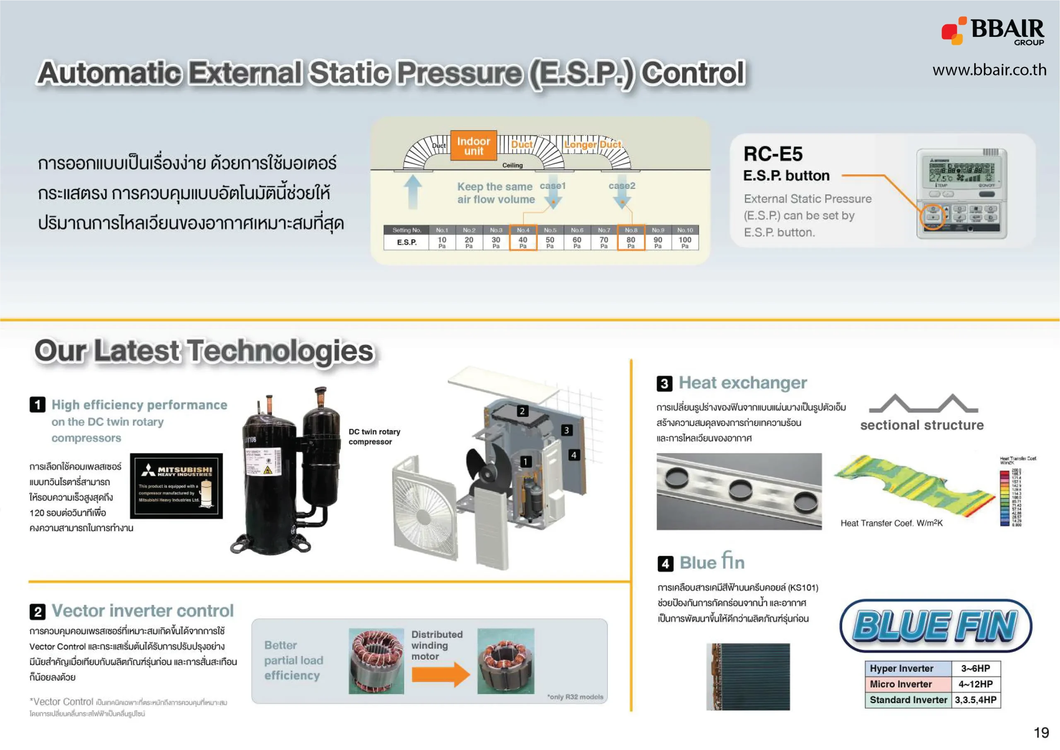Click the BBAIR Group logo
click(x=993, y=31)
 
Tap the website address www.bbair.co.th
click(x=989, y=70)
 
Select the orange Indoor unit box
click(x=473, y=145)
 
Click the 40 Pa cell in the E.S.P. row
click(x=523, y=242)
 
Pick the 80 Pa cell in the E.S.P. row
click(x=631, y=242)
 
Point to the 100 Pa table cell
click(x=685, y=242)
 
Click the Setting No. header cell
click(x=406, y=230)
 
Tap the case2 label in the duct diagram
click(x=622, y=186)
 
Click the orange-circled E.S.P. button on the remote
click(x=932, y=217)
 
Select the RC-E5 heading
click(x=773, y=154)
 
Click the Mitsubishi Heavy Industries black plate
click(x=176, y=486)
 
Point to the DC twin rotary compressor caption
click(x=374, y=436)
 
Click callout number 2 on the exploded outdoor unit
click(x=522, y=411)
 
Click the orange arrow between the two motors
click(x=440, y=674)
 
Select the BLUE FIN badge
click(x=935, y=625)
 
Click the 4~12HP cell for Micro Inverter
click(x=975, y=684)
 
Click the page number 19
click(x=1041, y=733)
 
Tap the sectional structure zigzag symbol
click(x=923, y=404)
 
